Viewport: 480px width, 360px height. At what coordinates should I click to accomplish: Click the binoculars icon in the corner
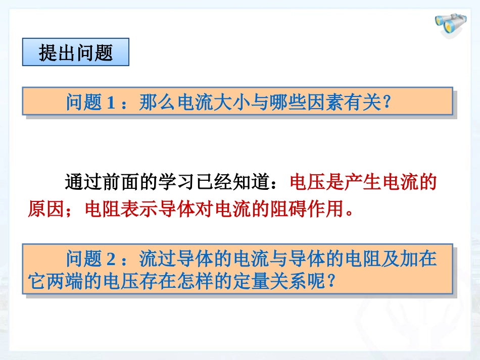coord(451,25)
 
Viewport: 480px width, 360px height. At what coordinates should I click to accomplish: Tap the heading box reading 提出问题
coord(76,53)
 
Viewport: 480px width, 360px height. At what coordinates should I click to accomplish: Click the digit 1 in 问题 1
coord(111,103)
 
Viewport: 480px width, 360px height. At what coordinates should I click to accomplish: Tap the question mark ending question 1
coord(387,103)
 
